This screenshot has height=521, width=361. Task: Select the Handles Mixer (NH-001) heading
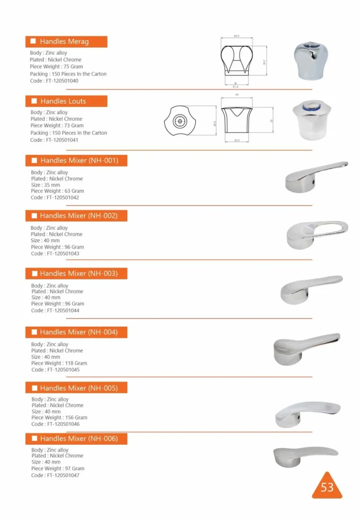tap(79, 161)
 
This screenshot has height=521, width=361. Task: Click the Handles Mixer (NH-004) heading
tap(78, 332)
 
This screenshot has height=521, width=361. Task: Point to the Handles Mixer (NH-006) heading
tap(78, 439)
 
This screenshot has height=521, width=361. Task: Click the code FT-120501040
tap(54, 81)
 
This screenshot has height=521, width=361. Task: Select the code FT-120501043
tap(55, 253)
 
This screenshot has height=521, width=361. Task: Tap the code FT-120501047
tap(55, 475)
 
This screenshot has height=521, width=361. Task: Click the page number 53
tap(327, 487)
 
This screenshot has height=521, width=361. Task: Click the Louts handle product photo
tap(312, 120)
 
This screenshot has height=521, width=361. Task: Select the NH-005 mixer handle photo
tap(307, 414)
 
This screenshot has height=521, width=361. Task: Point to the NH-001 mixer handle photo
tap(316, 177)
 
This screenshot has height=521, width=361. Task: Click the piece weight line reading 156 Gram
tap(58, 418)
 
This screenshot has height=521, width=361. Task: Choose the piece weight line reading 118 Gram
tap(59, 363)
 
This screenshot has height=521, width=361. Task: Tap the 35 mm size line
tap(45, 185)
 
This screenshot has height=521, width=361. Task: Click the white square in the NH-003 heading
tap(35, 274)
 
